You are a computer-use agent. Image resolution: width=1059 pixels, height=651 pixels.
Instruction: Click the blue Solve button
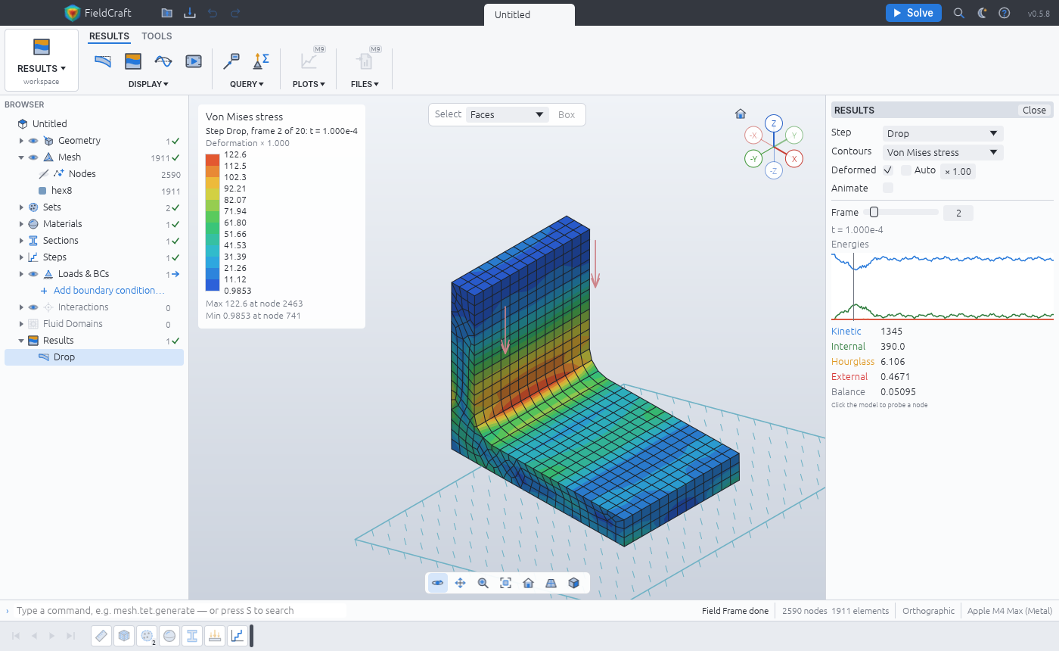point(913,13)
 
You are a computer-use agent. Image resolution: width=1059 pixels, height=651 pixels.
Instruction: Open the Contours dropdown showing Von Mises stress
point(943,152)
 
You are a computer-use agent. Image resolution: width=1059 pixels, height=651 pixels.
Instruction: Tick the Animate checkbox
point(888,188)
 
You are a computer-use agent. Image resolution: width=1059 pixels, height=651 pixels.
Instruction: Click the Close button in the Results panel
point(1034,110)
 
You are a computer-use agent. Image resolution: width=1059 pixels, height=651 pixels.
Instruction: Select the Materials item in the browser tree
point(62,224)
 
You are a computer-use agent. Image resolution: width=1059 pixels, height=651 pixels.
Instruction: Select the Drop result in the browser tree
point(64,357)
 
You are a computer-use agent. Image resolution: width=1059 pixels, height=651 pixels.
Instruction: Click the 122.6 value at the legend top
point(235,154)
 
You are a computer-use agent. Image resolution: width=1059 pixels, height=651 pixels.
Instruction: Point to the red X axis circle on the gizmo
point(794,159)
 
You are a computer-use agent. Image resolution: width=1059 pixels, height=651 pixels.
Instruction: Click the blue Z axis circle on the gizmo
point(773,124)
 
